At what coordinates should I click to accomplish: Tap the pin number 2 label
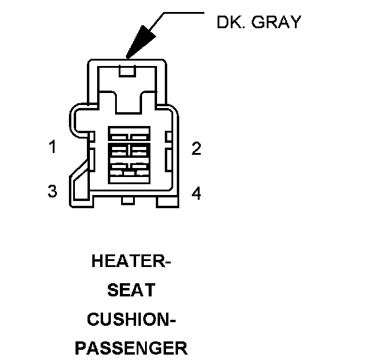pos(196,148)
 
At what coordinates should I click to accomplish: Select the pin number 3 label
pos(52,191)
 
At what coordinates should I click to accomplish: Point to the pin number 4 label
pos(196,193)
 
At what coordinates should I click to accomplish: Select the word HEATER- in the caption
pos(131,262)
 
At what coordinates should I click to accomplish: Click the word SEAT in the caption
pos(131,290)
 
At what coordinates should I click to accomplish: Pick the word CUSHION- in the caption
pos(131,319)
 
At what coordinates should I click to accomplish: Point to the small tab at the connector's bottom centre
pos(128,200)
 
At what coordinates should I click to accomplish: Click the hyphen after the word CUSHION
pos(172,320)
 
